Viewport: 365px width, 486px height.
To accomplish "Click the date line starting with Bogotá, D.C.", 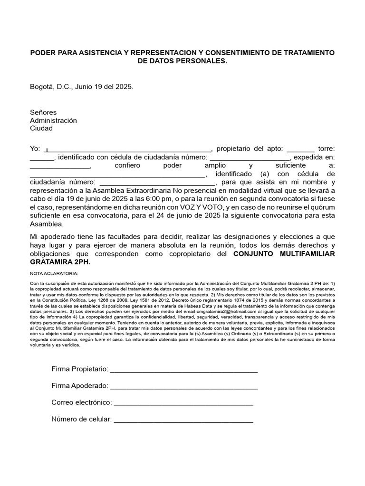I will pyautogui.click(x=82, y=87).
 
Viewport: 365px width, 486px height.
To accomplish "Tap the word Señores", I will pyautogui.click(x=43, y=112).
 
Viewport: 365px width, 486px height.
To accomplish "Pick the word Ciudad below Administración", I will pyautogui.click(x=41, y=128).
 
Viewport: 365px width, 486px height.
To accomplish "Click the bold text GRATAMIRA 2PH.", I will pyautogui.click(x=60, y=262).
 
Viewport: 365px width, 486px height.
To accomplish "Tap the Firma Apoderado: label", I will pyautogui.click(x=80, y=386).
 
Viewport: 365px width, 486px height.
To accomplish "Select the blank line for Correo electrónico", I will pyautogui.click(x=184, y=403).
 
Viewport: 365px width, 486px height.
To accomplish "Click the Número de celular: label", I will pyautogui.click(x=81, y=419).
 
